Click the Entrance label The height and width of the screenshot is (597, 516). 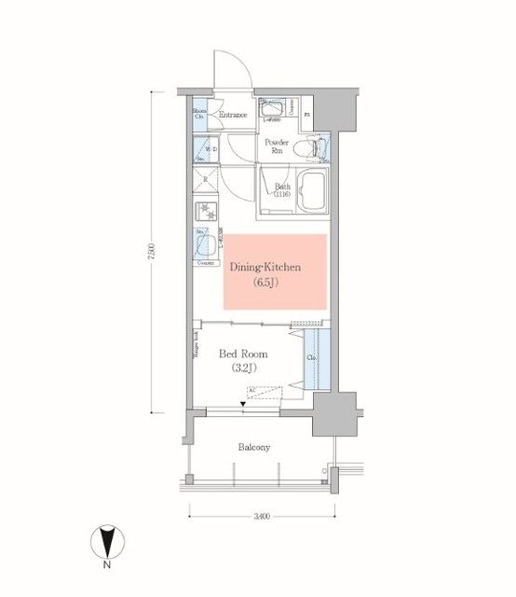click(233, 116)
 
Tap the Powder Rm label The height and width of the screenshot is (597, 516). click(278, 146)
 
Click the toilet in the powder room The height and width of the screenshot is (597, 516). click(316, 148)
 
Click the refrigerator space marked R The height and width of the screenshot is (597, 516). click(206, 180)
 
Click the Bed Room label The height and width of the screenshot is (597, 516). click(244, 354)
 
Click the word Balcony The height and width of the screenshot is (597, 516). click(253, 448)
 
